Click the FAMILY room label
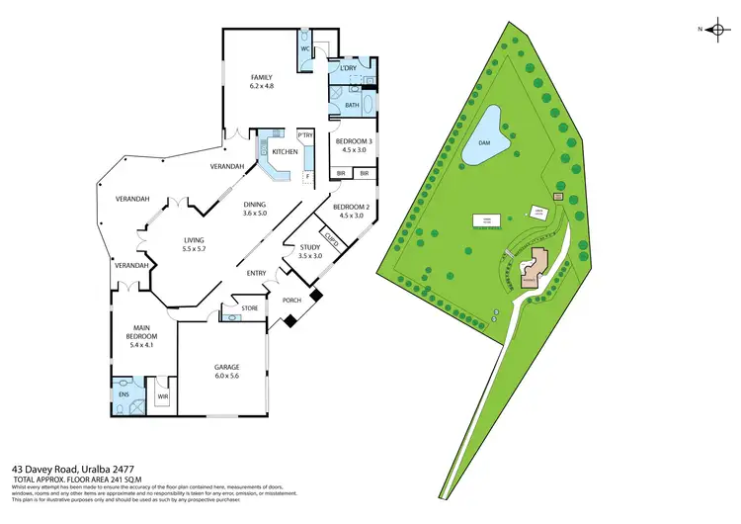pyautogui.click(x=261, y=77)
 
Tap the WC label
pyautogui.click(x=305, y=47)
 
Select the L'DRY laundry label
pyautogui.click(x=349, y=67)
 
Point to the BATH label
pyautogui.click(x=351, y=104)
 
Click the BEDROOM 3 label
pyautogui.click(x=353, y=141)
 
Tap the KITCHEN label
pyautogui.click(x=286, y=151)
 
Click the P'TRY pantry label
pyautogui.click(x=304, y=135)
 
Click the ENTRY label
pyautogui.click(x=257, y=273)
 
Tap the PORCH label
pyautogui.click(x=291, y=299)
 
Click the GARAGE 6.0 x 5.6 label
pyautogui.click(x=227, y=371)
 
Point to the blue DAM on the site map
pyautogui.click(x=484, y=142)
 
